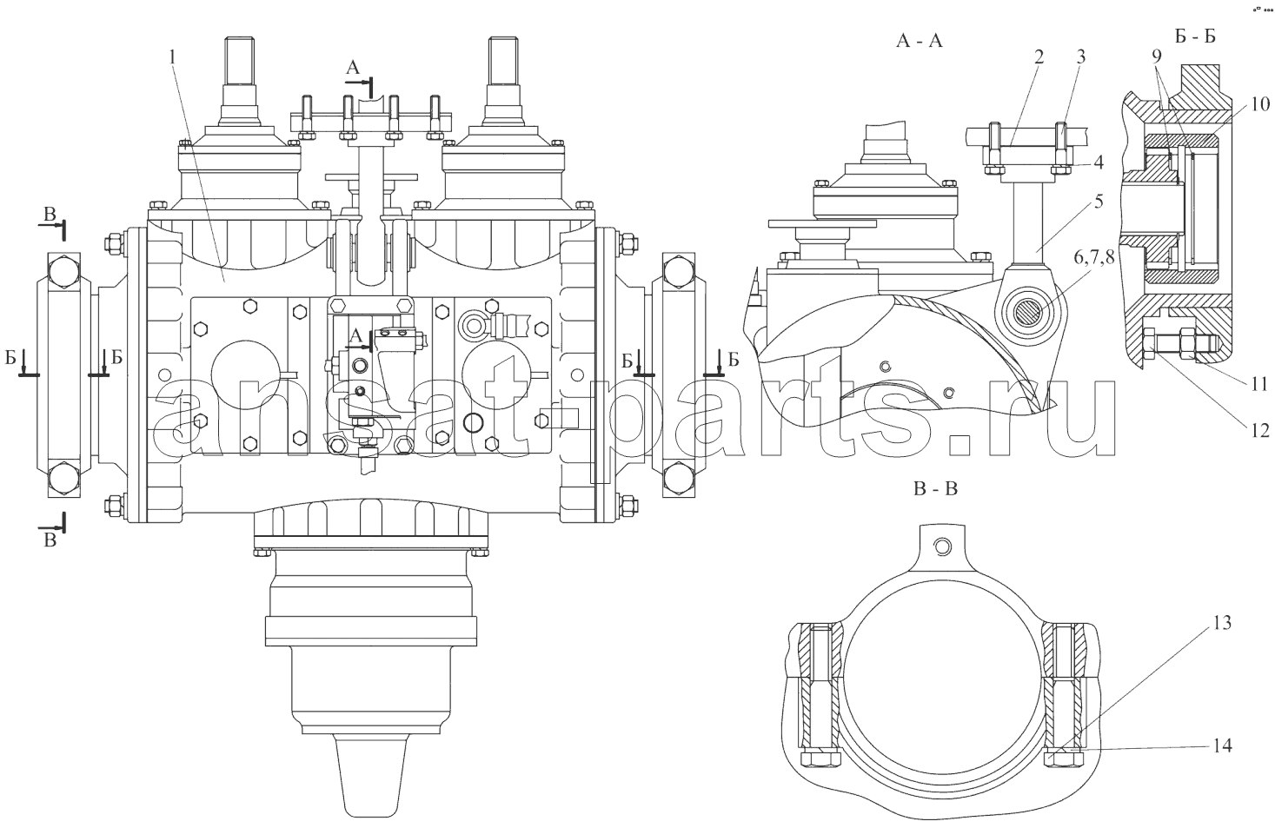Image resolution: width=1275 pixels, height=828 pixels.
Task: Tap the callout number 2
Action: click(x=1039, y=56)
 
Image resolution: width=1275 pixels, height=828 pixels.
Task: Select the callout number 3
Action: click(x=1081, y=56)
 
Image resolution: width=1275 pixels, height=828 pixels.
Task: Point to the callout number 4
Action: click(x=1099, y=162)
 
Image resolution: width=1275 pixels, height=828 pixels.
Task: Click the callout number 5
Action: click(x=1099, y=201)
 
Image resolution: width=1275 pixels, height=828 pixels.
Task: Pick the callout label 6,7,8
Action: click(x=1094, y=258)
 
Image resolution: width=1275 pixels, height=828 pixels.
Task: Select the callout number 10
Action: click(x=1260, y=105)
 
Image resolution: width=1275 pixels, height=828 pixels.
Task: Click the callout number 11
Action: click(x=1259, y=384)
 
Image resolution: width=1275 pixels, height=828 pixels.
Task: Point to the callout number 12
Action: click(x=1260, y=430)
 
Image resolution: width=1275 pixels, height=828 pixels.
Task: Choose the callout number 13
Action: click(x=1221, y=623)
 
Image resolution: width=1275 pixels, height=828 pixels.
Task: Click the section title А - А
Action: click(x=920, y=41)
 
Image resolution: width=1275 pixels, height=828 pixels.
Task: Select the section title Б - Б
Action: click(x=1195, y=36)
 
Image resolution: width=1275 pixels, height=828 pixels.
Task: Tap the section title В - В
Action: click(x=936, y=489)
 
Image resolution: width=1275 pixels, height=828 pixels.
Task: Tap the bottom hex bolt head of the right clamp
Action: click(x=678, y=478)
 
